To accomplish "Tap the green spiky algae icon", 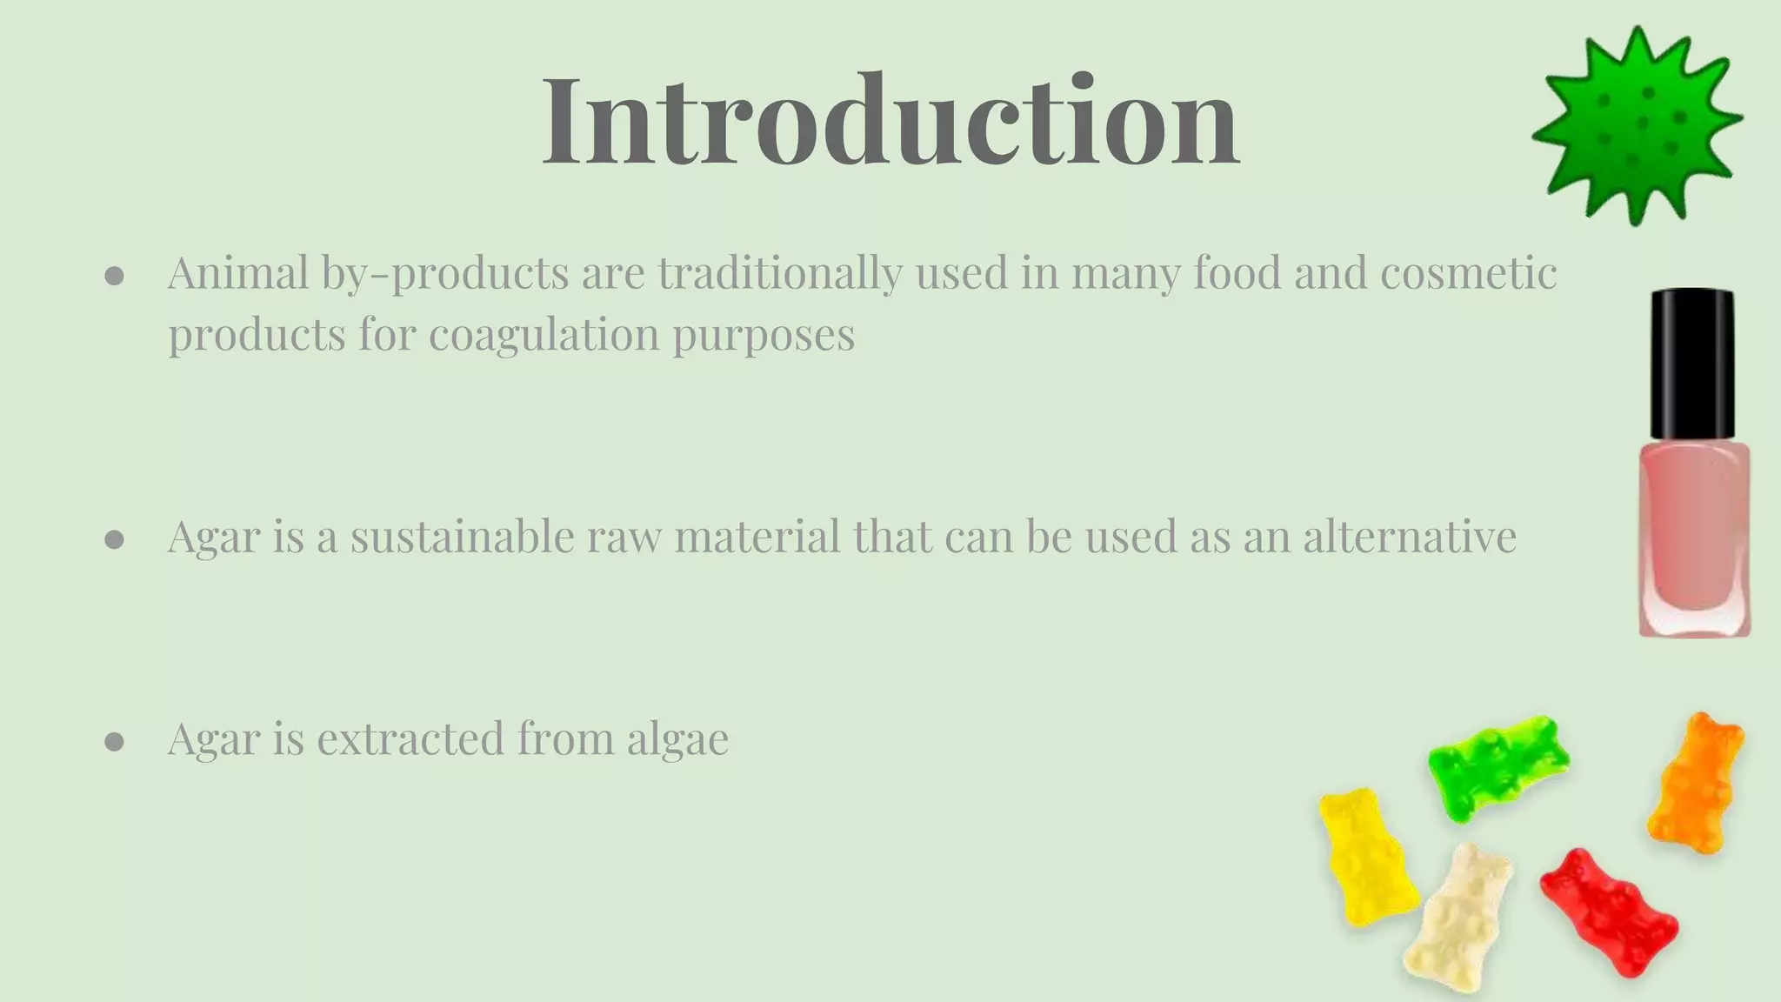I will [x=1637, y=126].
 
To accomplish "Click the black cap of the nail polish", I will [x=1692, y=365].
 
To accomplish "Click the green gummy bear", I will [x=1498, y=765].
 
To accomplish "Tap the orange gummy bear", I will [x=1696, y=783].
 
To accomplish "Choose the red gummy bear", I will [x=1609, y=913].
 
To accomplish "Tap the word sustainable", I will [x=462, y=536].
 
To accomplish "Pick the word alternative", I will [x=1409, y=536].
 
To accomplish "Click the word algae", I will [x=677, y=739].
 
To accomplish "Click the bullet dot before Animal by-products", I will [x=114, y=277].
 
